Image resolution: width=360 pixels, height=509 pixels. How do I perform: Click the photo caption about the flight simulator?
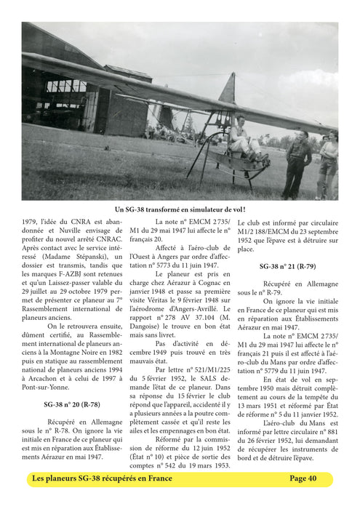(180, 209)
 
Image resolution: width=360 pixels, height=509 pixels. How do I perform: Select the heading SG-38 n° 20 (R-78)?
(71, 404)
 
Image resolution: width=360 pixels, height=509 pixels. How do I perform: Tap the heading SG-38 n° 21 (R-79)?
(287, 267)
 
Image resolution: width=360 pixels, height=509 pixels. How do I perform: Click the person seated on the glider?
(238, 136)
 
